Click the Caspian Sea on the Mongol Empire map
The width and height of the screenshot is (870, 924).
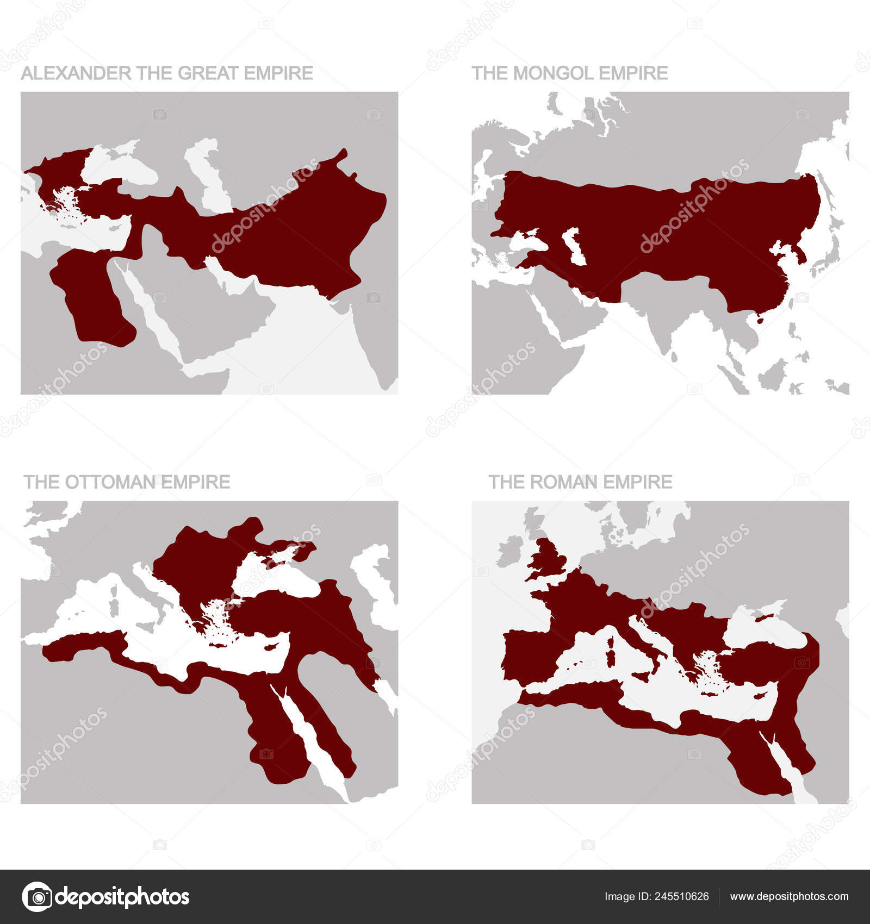575,246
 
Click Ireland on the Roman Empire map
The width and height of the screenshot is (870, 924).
509,550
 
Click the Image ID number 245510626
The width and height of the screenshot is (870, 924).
683,896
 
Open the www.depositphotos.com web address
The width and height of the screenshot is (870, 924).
788,896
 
